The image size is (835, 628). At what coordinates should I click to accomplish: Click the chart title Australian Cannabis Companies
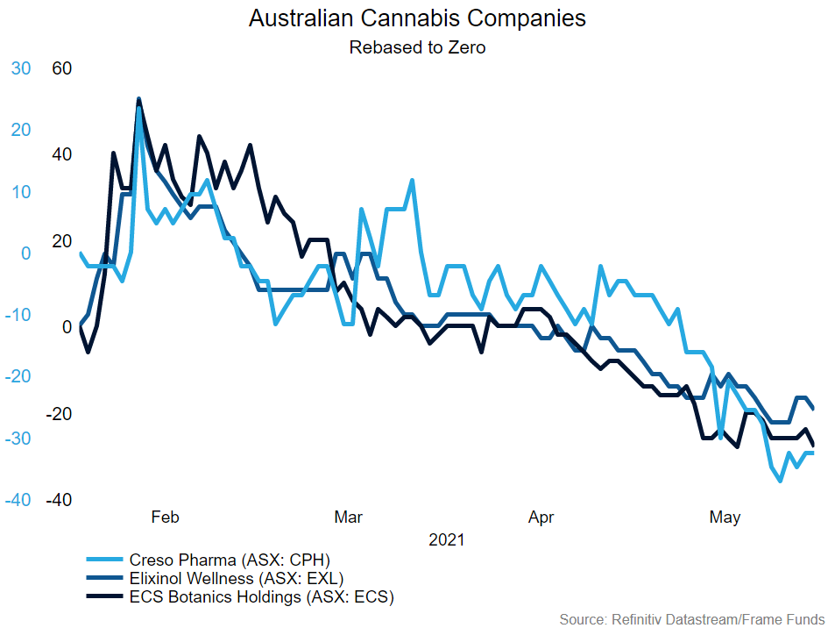[417, 18]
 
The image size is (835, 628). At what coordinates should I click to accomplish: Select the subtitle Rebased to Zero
[417, 47]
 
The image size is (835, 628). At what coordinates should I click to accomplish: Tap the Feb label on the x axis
[165, 517]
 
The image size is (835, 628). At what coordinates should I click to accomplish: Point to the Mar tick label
[349, 517]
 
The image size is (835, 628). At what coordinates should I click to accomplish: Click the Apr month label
[541, 517]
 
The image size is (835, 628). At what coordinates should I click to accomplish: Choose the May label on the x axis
[725, 517]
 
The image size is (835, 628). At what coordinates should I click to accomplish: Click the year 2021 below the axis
[446, 540]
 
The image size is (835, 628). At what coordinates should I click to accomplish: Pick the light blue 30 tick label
[20, 68]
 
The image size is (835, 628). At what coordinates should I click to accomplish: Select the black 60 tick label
[61, 68]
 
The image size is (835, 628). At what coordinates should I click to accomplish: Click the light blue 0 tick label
[25, 253]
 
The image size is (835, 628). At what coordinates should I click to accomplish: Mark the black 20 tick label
[61, 240]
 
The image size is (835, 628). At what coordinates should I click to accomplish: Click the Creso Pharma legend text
[229, 560]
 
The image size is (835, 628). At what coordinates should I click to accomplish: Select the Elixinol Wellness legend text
[236, 579]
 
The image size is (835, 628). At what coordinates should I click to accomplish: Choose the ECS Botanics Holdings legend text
[261, 598]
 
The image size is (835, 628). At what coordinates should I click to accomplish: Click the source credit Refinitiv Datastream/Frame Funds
[691, 618]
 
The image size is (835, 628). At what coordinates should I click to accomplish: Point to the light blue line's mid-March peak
[412, 180]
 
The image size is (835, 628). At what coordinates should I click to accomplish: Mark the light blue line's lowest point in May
[780, 481]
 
